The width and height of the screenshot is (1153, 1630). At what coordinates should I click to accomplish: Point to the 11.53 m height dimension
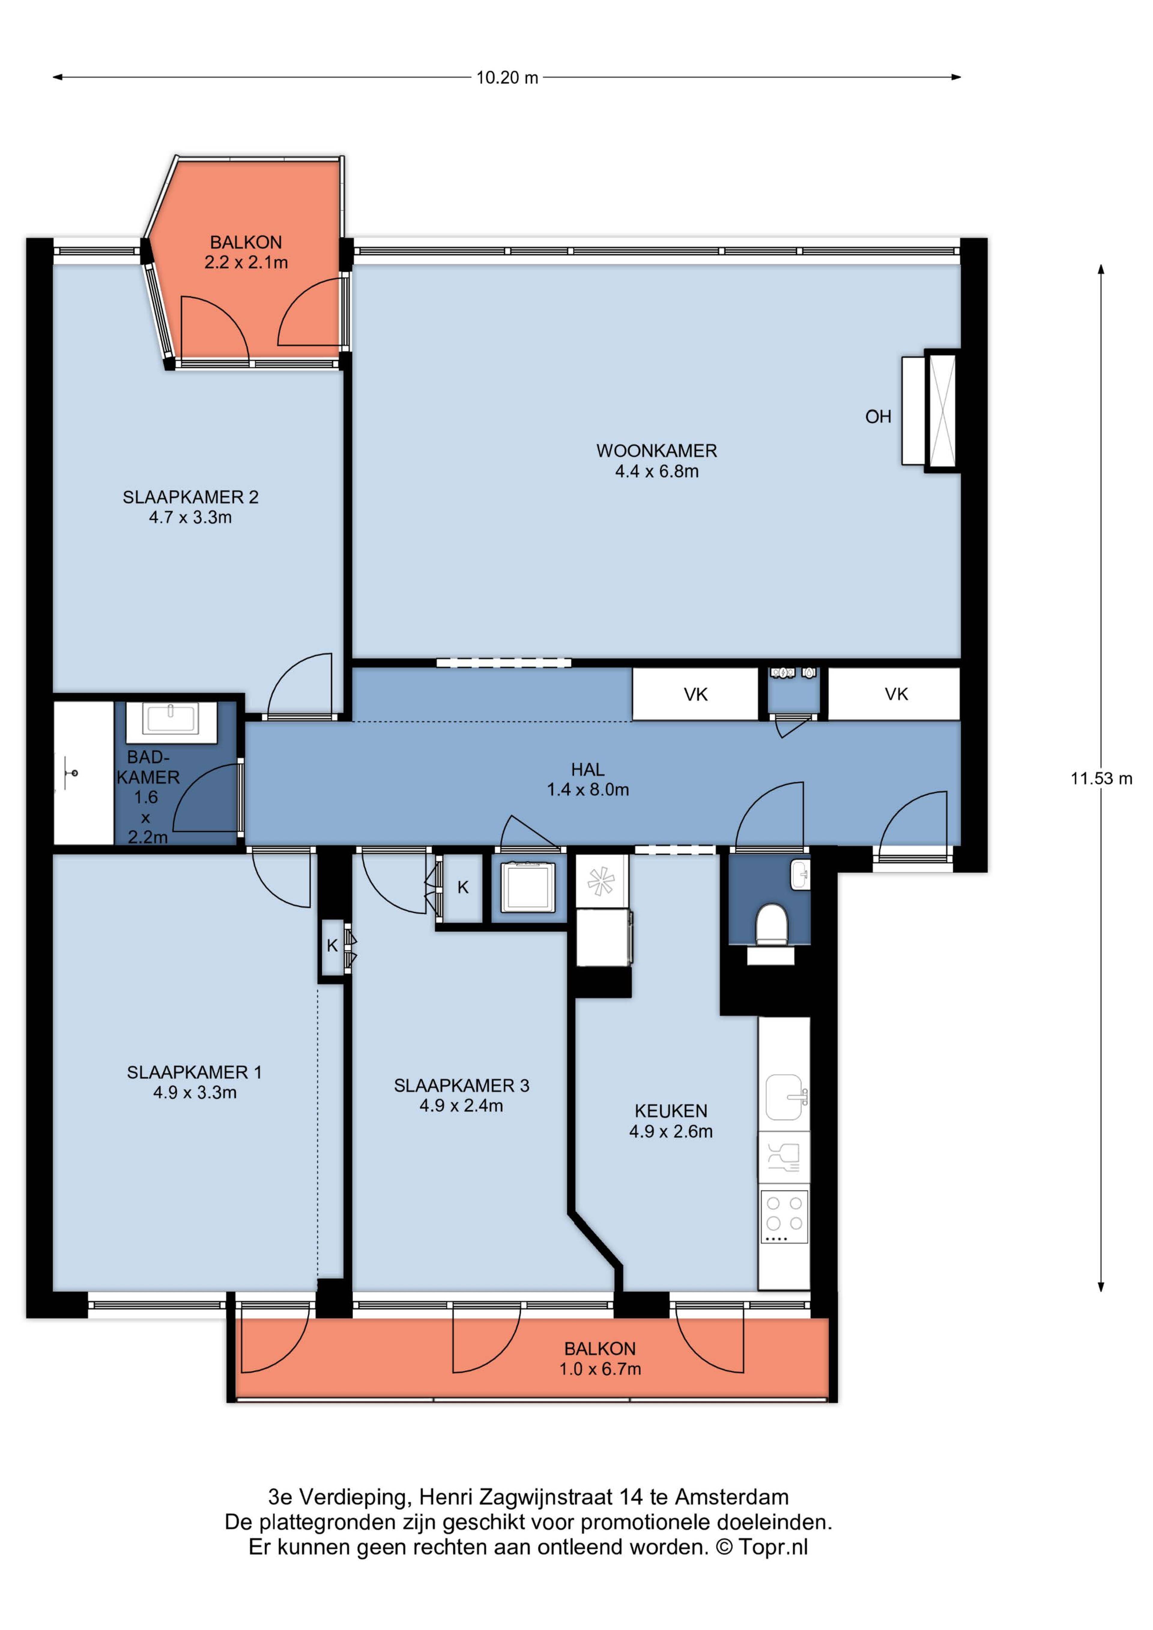click(1101, 778)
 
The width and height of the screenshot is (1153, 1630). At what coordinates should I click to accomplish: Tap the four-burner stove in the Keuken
click(784, 1217)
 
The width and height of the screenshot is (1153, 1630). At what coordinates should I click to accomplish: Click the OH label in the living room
click(878, 417)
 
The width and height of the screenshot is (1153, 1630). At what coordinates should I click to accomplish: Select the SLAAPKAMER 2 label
click(190, 507)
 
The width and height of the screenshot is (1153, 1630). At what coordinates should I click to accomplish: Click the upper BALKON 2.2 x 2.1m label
click(246, 252)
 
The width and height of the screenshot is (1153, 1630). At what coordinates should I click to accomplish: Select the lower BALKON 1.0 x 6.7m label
click(600, 1359)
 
